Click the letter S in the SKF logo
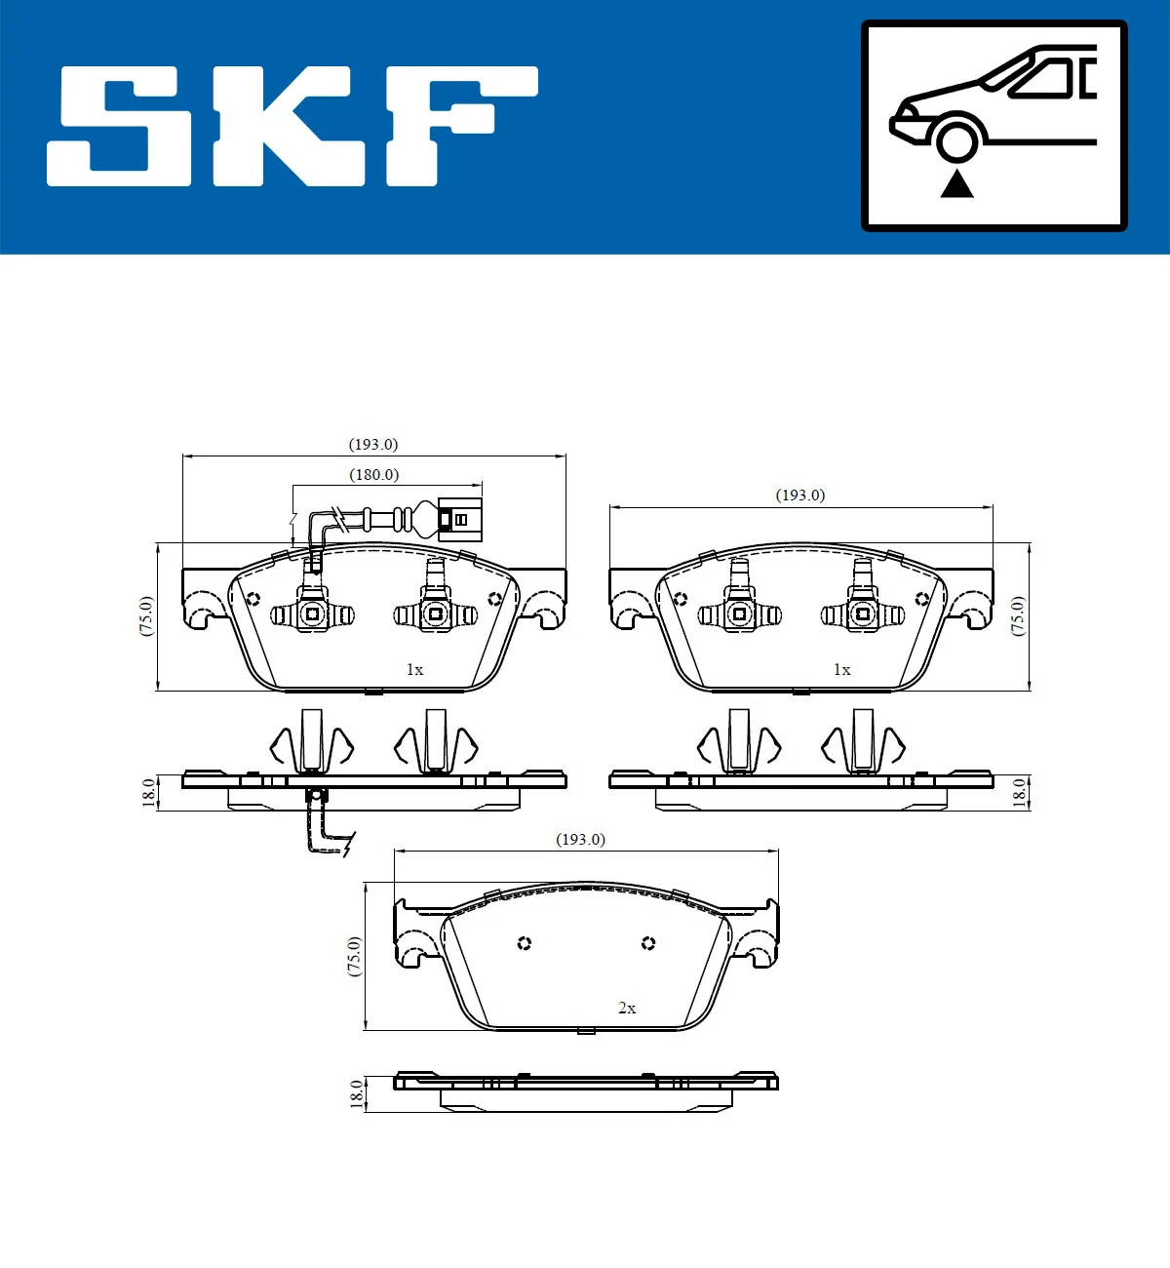120,127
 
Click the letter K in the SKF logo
290,127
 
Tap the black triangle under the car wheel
956,183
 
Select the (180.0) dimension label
374,475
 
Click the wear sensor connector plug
459,520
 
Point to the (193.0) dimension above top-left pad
373,445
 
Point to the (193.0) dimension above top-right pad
800,495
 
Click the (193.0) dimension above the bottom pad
580,840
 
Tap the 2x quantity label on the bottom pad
627,1009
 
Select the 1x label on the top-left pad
414,670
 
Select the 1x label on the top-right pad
841,670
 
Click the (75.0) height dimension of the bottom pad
354,956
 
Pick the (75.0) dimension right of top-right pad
1018,616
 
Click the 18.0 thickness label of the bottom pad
357,1093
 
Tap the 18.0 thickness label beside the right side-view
1020,792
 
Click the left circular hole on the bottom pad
525,943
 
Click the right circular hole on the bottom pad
648,943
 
